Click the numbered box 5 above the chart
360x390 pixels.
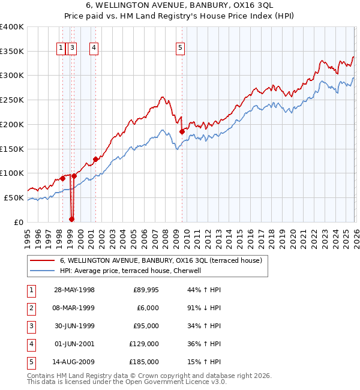pos(181,49)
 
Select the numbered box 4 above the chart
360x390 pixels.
pos(95,49)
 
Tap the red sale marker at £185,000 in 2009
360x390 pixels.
pos(182,131)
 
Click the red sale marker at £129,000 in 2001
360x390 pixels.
pos(95,159)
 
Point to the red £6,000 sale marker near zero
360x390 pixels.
pos(71,219)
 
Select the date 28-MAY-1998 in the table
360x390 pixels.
pos(74,290)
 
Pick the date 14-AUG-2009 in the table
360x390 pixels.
pos(74,362)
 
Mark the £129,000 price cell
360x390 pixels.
pos(145,344)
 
